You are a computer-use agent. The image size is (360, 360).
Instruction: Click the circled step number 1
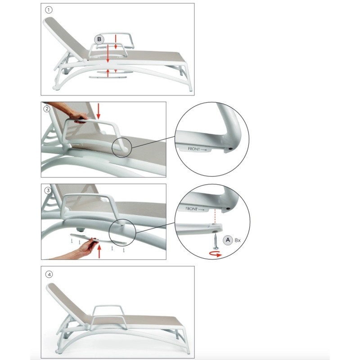pos(49,10)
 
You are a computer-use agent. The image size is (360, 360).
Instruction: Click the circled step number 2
pos(47,108)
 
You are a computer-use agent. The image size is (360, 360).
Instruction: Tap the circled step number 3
pos(48,190)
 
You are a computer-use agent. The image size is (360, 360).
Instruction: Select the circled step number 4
pos(49,274)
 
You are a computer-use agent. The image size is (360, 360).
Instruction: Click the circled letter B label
pos(99,39)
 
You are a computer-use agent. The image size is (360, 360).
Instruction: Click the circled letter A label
pos(228,240)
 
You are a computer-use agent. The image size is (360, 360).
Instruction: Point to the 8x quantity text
pos(238,240)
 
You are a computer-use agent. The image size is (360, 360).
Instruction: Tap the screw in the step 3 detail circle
pos(216,242)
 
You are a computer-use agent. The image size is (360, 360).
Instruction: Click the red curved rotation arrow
pos(216,254)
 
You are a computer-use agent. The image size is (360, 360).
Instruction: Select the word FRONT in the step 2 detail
pos(194,149)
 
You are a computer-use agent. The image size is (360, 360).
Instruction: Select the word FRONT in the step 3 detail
pos(192,209)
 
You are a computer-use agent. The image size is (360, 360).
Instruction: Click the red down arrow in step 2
pos(99,111)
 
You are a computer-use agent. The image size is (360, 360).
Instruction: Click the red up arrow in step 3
pos(99,252)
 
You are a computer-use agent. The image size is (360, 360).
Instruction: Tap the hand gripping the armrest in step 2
pos(77,117)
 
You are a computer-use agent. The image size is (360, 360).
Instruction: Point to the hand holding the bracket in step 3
pos(87,247)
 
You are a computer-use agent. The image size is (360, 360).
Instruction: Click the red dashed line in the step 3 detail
pos(215,216)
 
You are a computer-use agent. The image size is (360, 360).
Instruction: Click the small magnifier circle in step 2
pos(122,148)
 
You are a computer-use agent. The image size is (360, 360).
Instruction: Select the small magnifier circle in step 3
pos(122,232)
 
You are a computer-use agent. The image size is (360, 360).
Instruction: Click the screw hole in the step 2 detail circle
pos(230,149)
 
